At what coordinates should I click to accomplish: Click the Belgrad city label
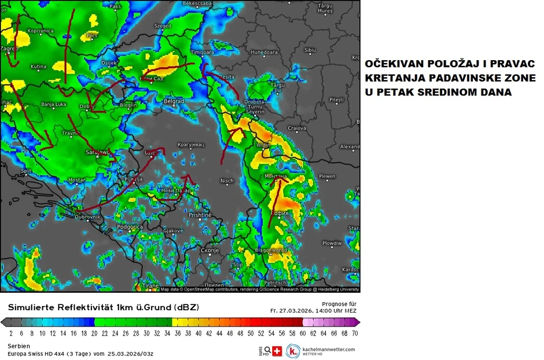[174, 101]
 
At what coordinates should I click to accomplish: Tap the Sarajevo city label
[98, 152]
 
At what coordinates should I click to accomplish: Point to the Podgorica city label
[130, 227]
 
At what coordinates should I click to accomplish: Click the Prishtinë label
[200, 215]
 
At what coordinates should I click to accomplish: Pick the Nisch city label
[227, 181]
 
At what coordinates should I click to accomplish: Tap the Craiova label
[296, 128]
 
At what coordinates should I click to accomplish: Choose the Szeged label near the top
[163, 26]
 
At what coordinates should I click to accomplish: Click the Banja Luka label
[55, 105]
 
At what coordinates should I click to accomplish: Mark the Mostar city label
[76, 181]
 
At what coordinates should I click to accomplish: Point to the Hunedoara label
[264, 52]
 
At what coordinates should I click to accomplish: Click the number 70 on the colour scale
[354, 333]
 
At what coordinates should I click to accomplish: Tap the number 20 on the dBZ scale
[94, 333]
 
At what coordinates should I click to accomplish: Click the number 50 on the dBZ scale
[250, 333]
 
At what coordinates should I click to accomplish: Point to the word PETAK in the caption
[394, 92]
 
